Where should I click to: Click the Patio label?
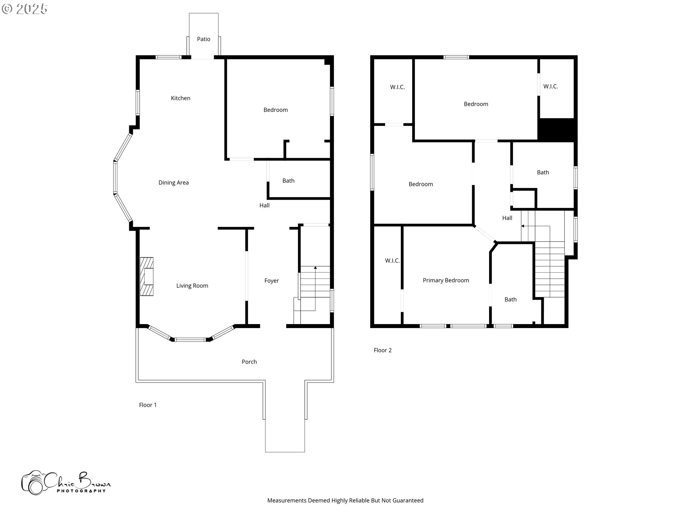pyautogui.click(x=203, y=39)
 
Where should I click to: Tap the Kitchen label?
pyautogui.click(x=181, y=98)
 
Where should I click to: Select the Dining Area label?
pyautogui.click(x=173, y=183)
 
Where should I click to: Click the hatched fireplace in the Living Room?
pyautogui.click(x=147, y=277)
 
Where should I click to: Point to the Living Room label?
pyautogui.click(x=192, y=286)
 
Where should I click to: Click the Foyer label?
pyautogui.click(x=271, y=281)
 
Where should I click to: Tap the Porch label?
pyautogui.click(x=249, y=362)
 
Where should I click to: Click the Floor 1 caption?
pyautogui.click(x=148, y=405)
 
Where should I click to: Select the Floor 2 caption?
pyautogui.click(x=383, y=350)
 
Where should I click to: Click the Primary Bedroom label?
pyautogui.click(x=446, y=281)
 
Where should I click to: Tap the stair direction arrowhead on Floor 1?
pyautogui.click(x=315, y=268)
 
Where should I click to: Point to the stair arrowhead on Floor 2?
pyautogui.click(x=523, y=226)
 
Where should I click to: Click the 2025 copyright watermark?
pyautogui.click(x=25, y=9)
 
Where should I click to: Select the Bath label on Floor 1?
pyautogui.click(x=288, y=181)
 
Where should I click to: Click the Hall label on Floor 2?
pyautogui.click(x=507, y=218)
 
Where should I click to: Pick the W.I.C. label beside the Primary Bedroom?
pyautogui.click(x=392, y=261)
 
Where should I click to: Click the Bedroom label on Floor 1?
pyautogui.click(x=276, y=110)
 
